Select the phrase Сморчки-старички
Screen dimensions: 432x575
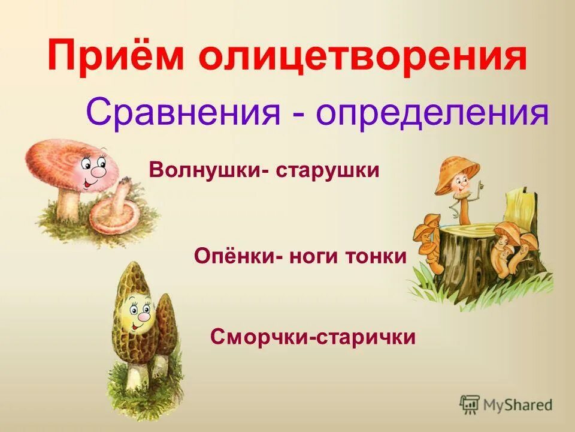(x=313, y=337)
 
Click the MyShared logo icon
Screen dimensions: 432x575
(x=470, y=405)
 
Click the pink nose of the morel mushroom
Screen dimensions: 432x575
(x=144, y=316)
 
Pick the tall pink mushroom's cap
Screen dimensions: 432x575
(x=60, y=159)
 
